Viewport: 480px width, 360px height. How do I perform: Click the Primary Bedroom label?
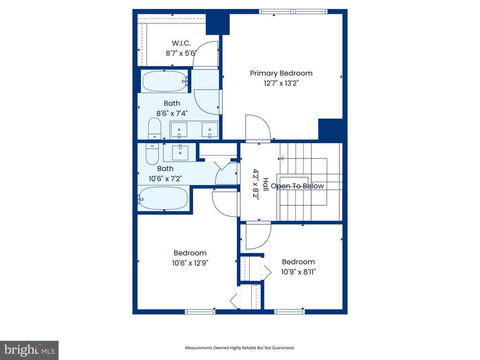(281, 74)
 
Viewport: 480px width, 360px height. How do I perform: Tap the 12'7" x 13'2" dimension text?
(281, 83)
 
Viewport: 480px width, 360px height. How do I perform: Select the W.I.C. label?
(181, 43)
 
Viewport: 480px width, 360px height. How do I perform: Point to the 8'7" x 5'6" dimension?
(180, 53)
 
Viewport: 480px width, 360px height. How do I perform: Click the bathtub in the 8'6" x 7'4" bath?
(165, 82)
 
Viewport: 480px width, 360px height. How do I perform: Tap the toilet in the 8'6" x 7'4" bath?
(155, 128)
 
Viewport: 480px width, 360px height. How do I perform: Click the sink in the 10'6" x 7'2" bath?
(180, 152)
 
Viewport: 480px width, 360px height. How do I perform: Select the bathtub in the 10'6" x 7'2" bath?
(163, 198)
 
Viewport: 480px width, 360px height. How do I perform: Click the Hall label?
(266, 184)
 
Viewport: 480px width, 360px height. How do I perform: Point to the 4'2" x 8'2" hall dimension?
(256, 184)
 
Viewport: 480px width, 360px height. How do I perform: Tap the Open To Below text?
(297, 186)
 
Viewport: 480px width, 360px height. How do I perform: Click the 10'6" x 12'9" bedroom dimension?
(190, 263)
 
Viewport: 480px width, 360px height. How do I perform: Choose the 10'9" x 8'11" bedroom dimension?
(299, 272)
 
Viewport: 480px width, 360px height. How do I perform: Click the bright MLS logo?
(30, 350)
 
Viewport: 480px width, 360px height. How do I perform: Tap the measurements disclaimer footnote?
(240, 348)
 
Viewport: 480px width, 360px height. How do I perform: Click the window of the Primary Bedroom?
(293, 12)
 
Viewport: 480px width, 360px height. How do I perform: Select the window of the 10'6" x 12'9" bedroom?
(200, 312)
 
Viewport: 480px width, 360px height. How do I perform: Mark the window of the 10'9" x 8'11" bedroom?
(290, 312)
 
